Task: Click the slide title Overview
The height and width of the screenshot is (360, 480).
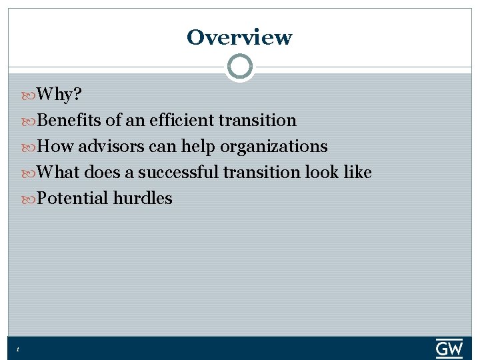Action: [239, 37]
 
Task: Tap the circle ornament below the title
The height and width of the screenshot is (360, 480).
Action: [240, 67]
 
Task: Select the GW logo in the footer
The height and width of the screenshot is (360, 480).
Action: [449, 348]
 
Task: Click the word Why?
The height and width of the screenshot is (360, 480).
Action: [59, 95]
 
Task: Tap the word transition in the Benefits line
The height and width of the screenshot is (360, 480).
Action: [258, 121]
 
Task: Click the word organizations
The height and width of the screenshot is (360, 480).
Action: [274, 147]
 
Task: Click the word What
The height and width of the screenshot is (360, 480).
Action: [59, 173]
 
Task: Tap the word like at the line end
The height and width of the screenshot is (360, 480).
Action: [357, 173]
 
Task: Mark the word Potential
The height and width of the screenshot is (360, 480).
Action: [73, 199]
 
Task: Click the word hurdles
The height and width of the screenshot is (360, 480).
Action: [143, 199]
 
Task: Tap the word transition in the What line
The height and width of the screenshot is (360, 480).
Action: [262, 173]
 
